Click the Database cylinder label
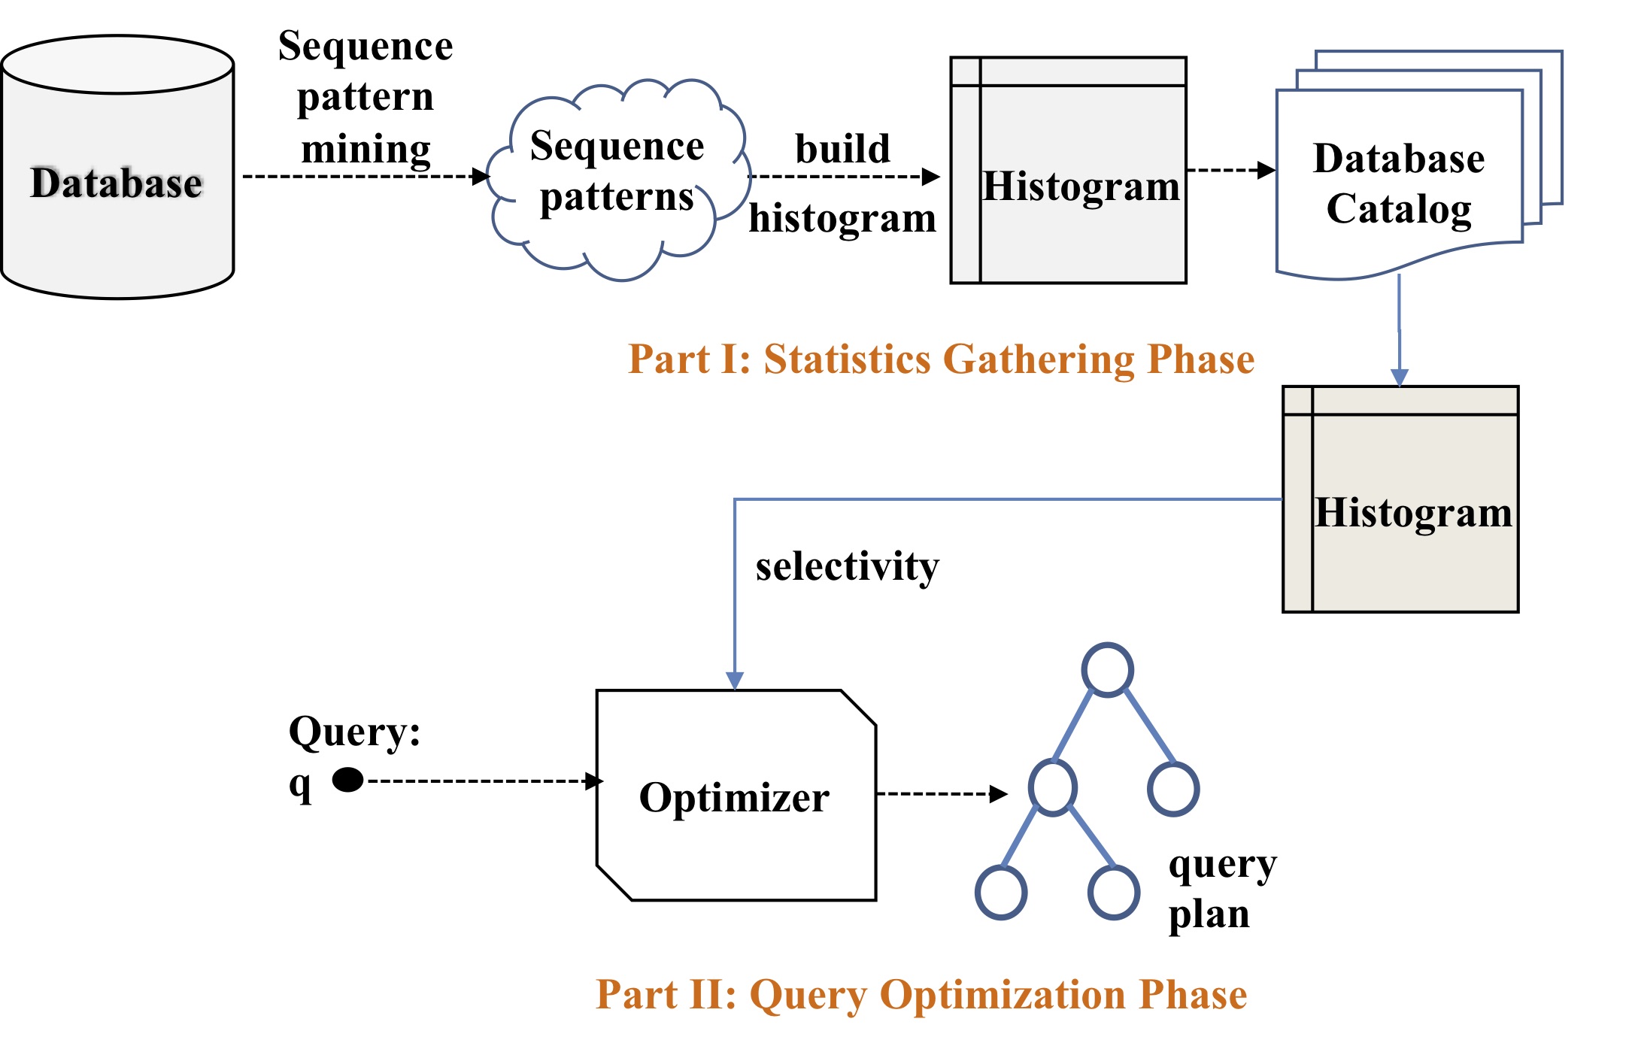(x=117, y=183)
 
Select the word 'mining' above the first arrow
(x=366, y=148)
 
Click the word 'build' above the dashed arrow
(x=842, y=148)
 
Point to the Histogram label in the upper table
(x=1081, y=186)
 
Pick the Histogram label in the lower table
(x=1413, y=513)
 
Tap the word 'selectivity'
(x=848, y=566)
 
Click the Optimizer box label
(x=734, y=797)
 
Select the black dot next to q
(x=347, y=780)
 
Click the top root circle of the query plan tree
(x=1107, y=669)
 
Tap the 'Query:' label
(x=354, y=732)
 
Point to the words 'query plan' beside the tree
(x=1221, y=889)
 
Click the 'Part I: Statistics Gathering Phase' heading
(x=941, y=359)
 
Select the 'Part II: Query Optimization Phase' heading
(x=921, y=994)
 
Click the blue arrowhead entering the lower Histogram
(x=1399, y=377)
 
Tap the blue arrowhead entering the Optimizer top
(x=735, y=681)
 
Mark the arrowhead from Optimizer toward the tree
(x=998, y=793)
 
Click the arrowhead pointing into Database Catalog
(x=1266, y=170)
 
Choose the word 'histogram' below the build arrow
(x=842, y=219)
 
